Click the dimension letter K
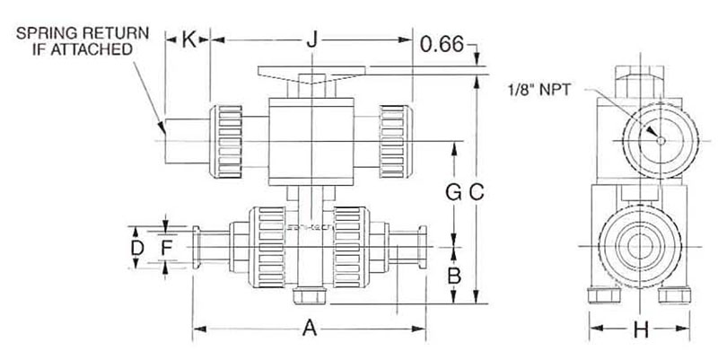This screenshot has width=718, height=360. (188, 40)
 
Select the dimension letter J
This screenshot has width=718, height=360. (311, 40)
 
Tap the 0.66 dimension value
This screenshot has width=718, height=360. (442, 44)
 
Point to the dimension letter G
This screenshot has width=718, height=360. (453, 193)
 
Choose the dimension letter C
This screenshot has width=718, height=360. (477, 193)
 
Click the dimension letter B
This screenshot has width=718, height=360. (454, 276)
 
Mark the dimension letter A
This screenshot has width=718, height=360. (310, 329)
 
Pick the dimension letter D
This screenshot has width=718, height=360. (137, 248)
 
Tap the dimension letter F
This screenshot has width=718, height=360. (166, 248)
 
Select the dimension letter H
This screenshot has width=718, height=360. (640, 329)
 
